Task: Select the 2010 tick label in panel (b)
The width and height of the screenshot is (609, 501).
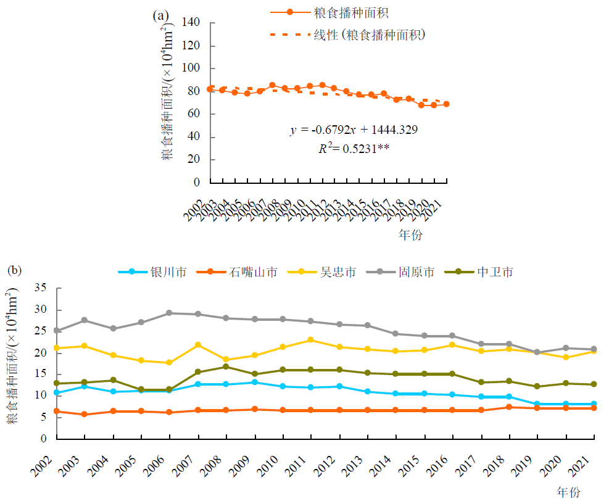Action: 275,463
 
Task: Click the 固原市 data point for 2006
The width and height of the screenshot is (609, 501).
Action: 170,313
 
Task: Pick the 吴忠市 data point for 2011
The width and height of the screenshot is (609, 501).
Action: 310,340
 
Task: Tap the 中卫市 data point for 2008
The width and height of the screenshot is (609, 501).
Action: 226,366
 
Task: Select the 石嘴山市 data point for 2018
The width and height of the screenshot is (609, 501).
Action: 509,407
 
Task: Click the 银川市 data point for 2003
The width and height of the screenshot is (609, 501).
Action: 85,386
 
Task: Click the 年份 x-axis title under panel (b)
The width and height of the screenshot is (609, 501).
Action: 568,492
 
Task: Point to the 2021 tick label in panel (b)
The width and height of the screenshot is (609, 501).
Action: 587,463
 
